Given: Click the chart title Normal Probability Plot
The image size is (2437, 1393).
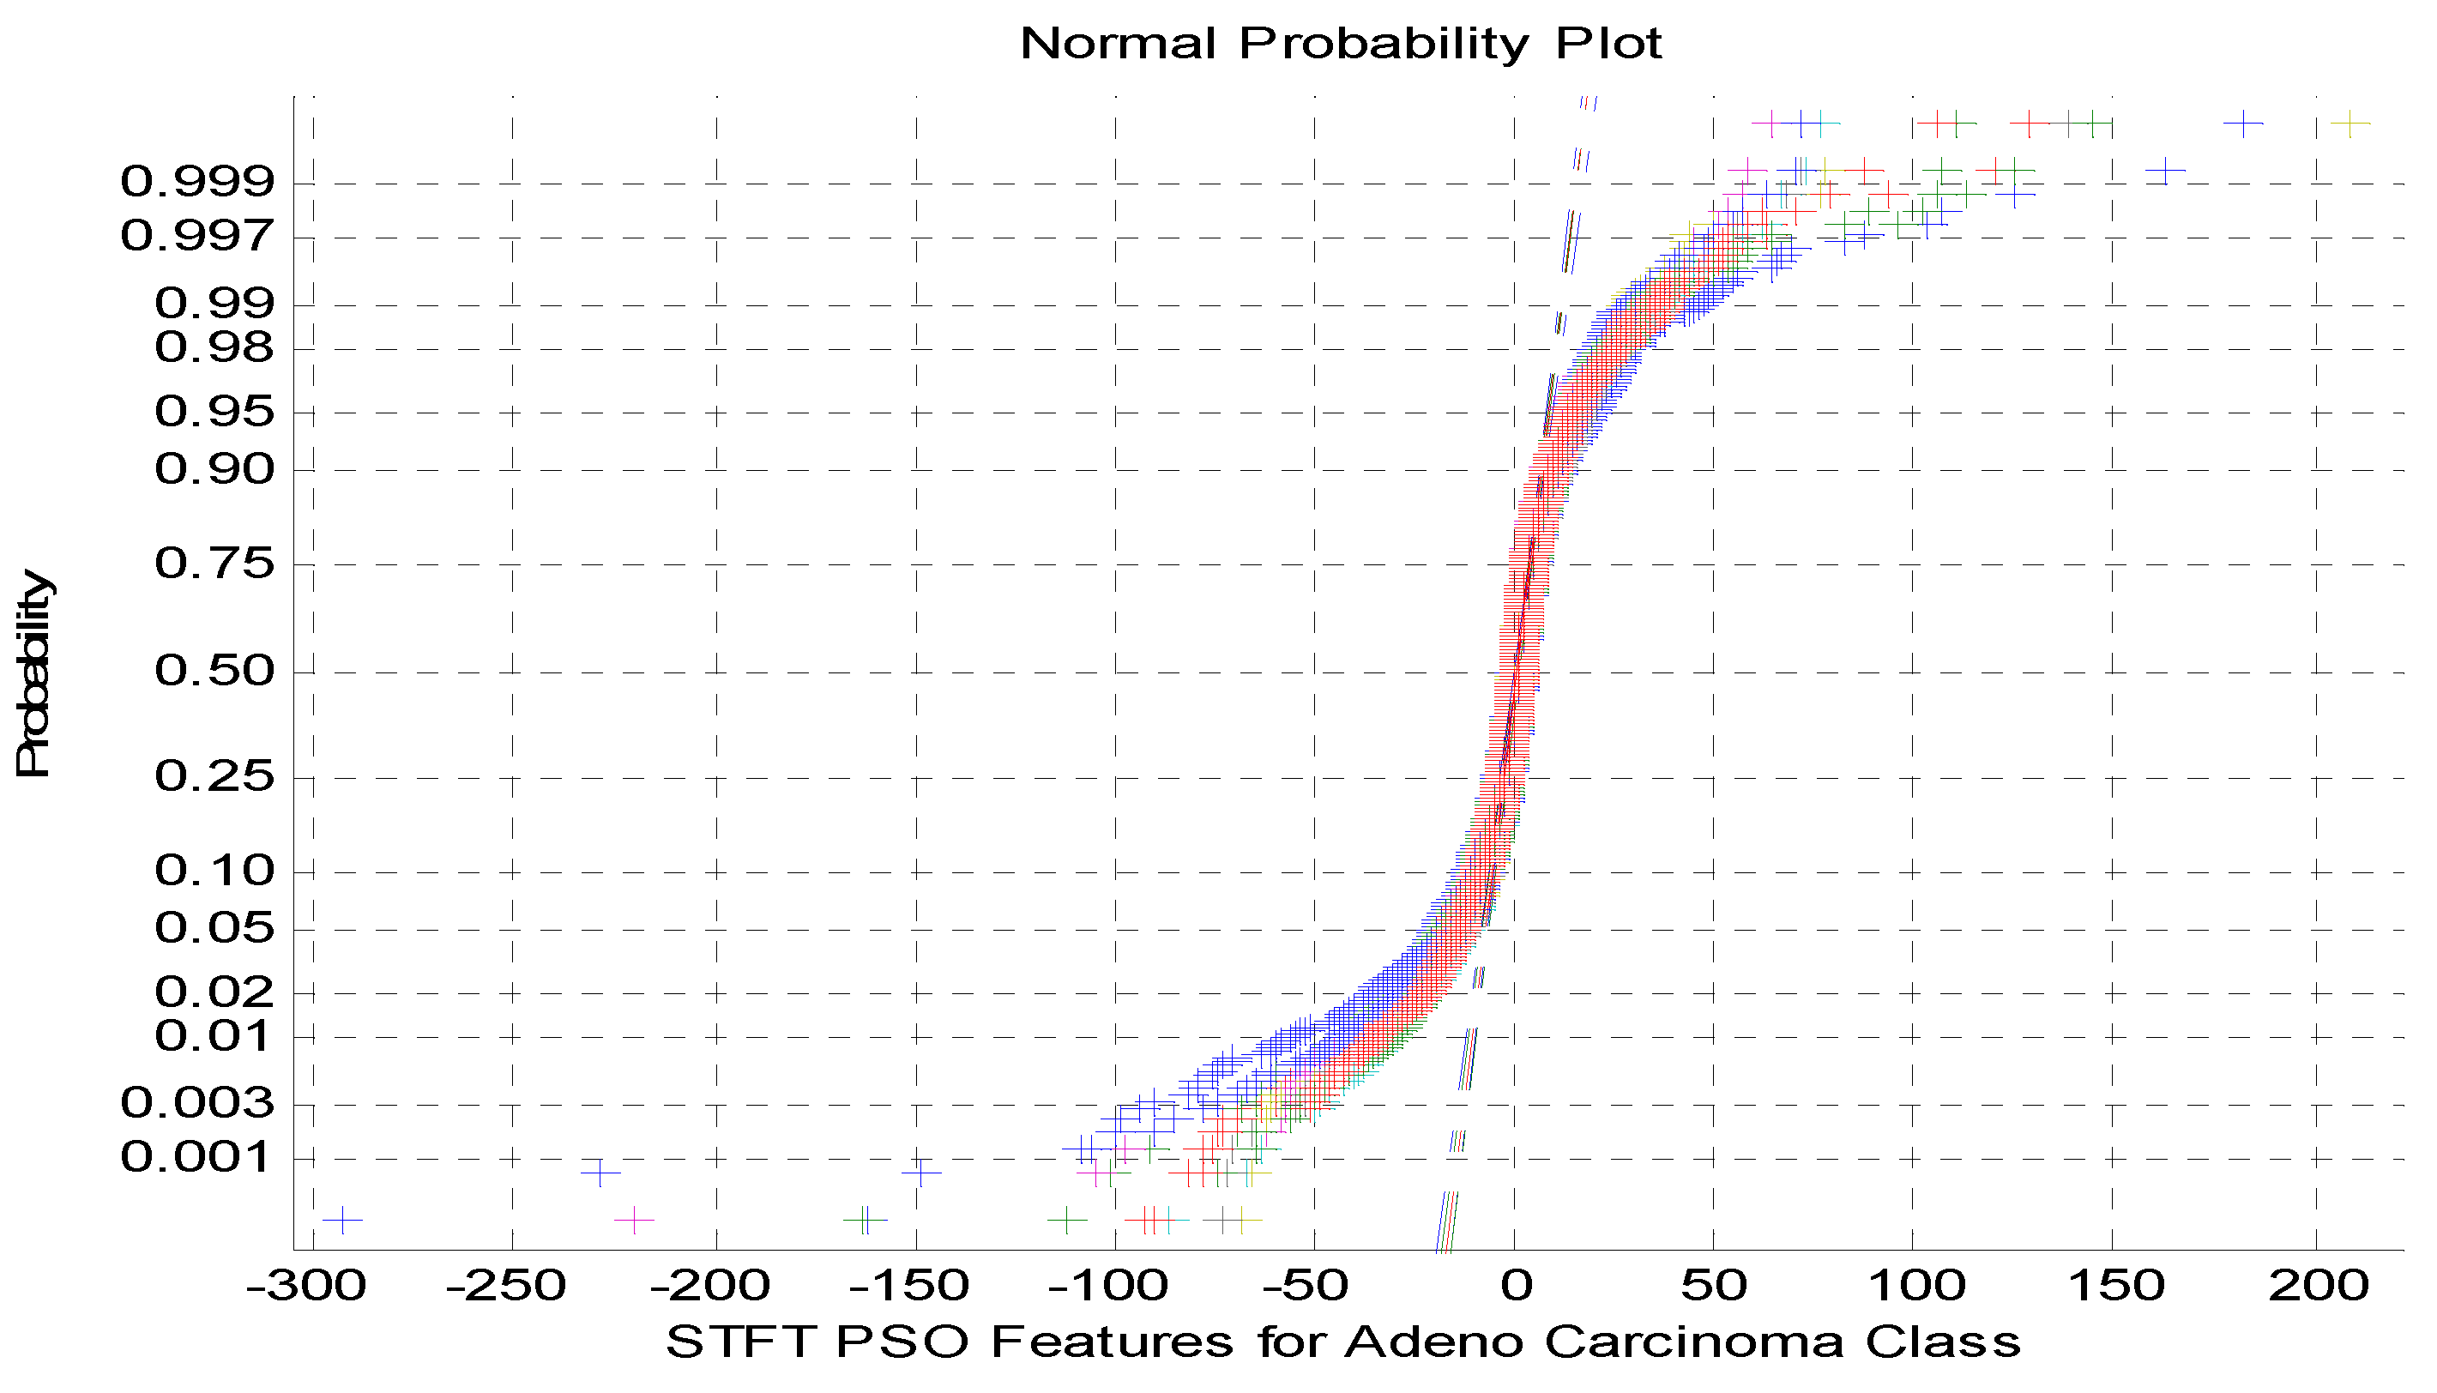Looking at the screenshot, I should point(1341,44).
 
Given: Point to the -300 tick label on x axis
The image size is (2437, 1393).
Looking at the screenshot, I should point(306,1286).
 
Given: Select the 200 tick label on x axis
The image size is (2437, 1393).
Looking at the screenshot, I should point(2319,1286).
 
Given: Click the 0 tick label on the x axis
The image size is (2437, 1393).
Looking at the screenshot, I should point(1515,1286).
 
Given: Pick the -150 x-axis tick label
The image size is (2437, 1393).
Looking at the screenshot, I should point(909,1286).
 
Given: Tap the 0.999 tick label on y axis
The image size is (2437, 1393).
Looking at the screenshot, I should point(197,181).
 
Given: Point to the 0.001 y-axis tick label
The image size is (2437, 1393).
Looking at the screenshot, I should point(197,1158).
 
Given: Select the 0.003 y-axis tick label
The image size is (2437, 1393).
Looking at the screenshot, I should point(197,1103).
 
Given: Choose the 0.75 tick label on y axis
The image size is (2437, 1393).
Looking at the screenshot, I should point(214,564).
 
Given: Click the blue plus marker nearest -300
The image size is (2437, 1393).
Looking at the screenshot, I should point(341,1220).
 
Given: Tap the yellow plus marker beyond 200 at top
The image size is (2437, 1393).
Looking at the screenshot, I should point(2350,124).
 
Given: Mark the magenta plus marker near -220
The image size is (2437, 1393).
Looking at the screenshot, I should point(633,1220).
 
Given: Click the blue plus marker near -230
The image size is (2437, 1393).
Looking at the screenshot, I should point(600,1172).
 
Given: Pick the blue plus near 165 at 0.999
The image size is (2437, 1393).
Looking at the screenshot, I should point(2165,171).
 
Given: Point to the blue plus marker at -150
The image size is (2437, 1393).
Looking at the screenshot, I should point(920,1172).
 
